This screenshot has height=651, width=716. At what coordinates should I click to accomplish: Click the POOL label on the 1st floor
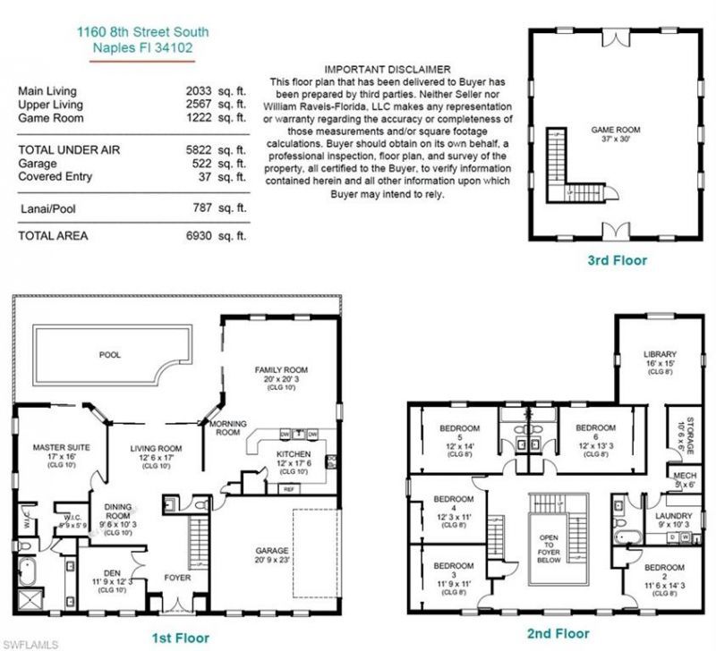(109, 355)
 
